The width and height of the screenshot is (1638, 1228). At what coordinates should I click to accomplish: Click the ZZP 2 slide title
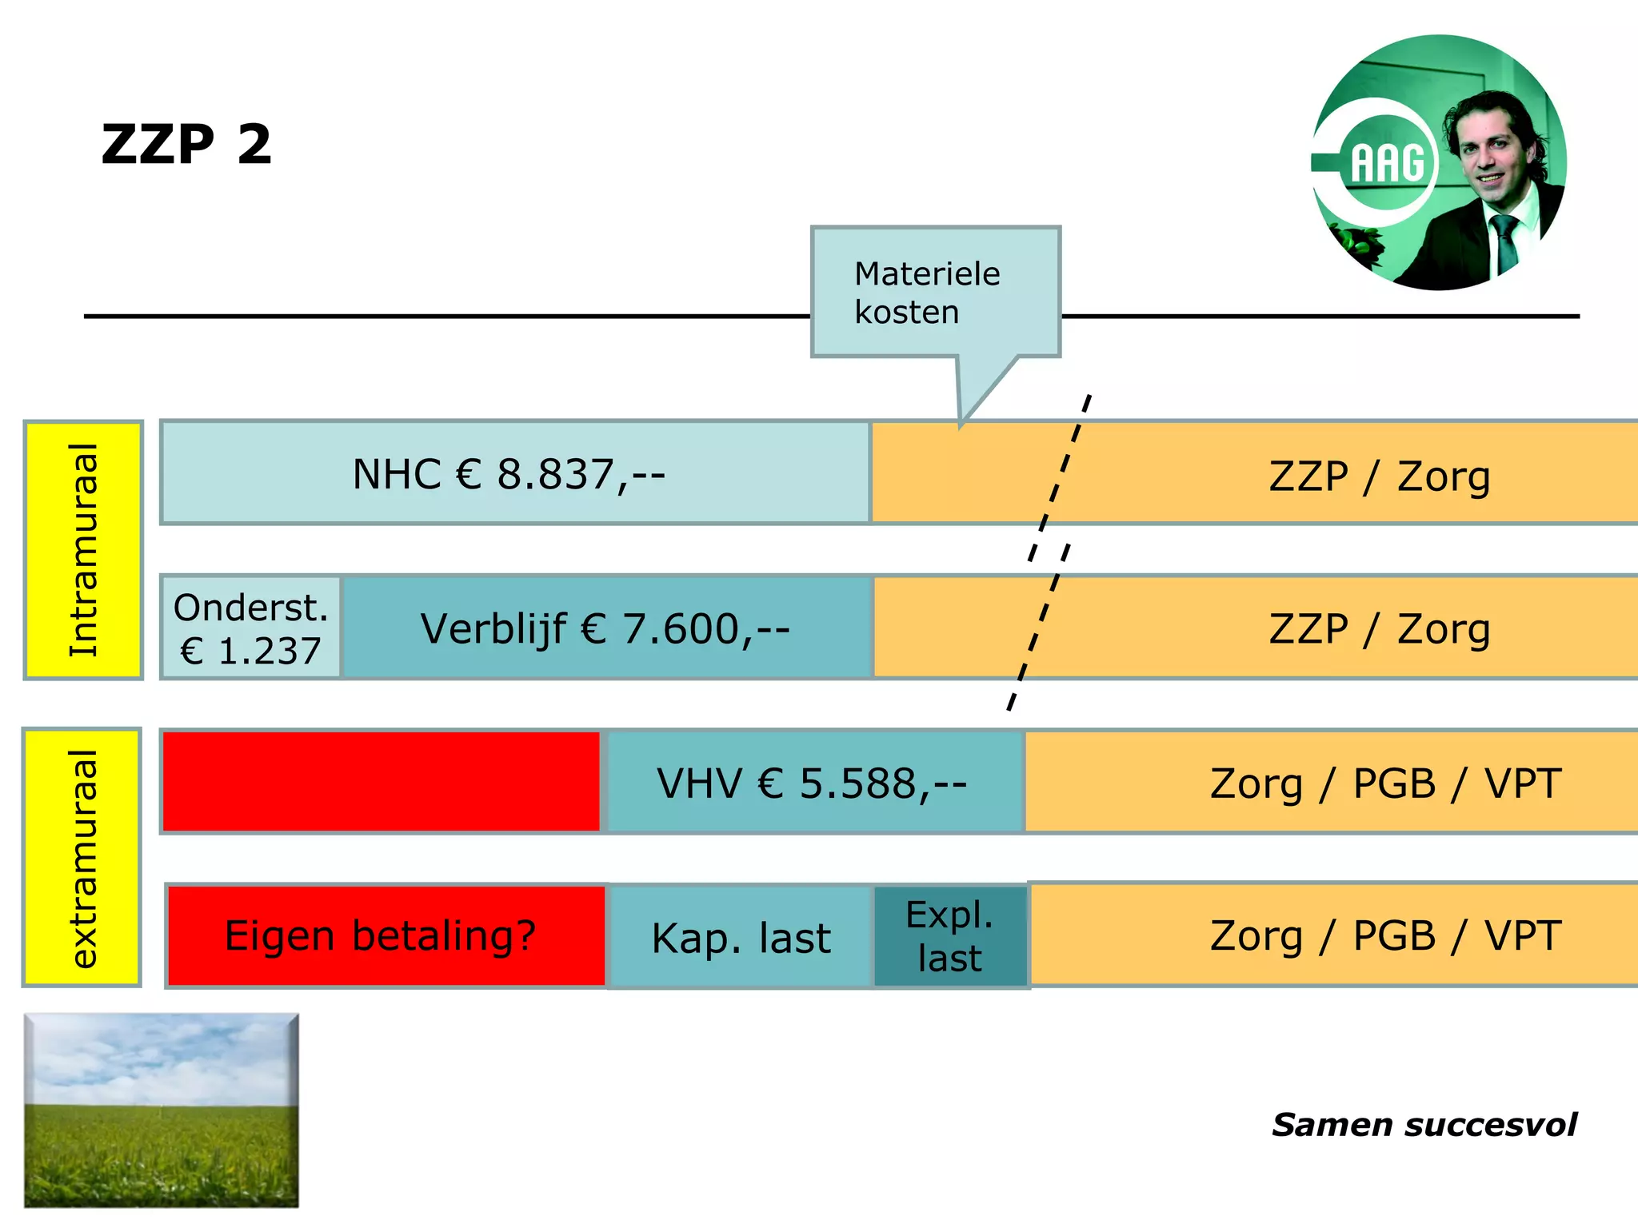point(186,145)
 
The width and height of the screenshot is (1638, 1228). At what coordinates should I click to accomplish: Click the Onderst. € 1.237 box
point(250,628)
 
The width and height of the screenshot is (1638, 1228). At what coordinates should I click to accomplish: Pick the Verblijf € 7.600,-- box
point(605,628)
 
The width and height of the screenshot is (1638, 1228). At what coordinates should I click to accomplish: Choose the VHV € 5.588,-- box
point(813,783)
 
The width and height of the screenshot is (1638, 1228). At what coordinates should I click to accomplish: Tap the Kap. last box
point(741,938)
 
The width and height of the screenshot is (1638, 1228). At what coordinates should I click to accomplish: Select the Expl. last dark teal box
point(949,936)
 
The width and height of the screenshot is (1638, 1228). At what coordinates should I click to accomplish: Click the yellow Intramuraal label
point(83,550)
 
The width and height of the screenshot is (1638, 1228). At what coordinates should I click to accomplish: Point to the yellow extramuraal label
point(82,858)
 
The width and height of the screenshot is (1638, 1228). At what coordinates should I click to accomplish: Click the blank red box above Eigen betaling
point(382,782)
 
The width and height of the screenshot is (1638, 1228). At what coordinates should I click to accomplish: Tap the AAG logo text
point(1388,163)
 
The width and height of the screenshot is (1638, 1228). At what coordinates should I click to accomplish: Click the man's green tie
point(1505,244)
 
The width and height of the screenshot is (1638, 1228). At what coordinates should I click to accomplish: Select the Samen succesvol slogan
point(1424,1125)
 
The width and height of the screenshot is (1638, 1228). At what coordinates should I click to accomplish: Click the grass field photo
point(162,1110)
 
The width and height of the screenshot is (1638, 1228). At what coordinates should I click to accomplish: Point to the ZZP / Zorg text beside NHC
point(1379,476)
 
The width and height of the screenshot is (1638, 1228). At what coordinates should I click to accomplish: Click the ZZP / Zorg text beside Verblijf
point(1379,629)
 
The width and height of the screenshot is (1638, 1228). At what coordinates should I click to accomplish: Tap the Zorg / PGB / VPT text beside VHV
point(1384,783)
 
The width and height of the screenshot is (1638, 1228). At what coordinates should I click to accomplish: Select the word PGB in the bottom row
point(1394,936)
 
